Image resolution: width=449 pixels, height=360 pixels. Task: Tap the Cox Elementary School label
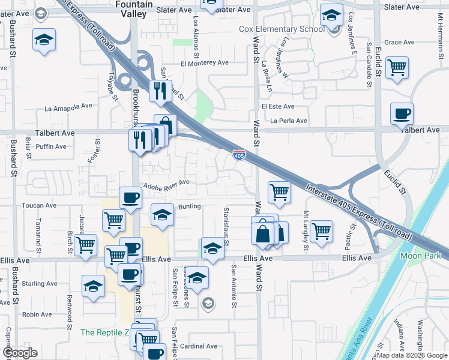pyautogui.click(x=282, y=29)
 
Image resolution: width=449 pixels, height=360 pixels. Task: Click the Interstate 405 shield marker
pyautogui.click(x=239, y=155)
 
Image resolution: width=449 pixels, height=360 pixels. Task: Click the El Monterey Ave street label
pyautogui.click(x=205, y=62)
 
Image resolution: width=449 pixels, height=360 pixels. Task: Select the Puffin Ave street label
pyautogui.click(x=51, y=146)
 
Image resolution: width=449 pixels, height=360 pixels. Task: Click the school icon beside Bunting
pyautogui.click(x=161, y=214)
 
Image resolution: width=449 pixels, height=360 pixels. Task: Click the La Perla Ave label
pyautogui.click(x=289, y=121)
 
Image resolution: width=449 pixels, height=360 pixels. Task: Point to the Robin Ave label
pyautogui.click(x=37, y=314)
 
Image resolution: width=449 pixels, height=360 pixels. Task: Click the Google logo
pyautogui.click(x=20, y=353)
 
